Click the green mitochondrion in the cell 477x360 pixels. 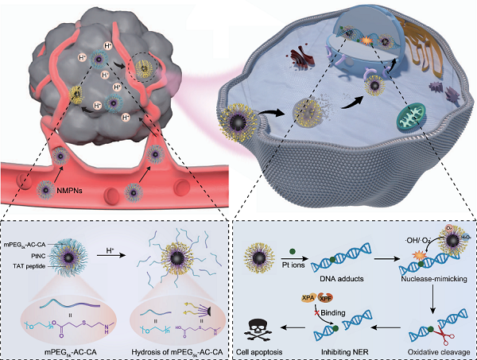click(409, 120)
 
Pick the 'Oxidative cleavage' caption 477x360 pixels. click(436, 350)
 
